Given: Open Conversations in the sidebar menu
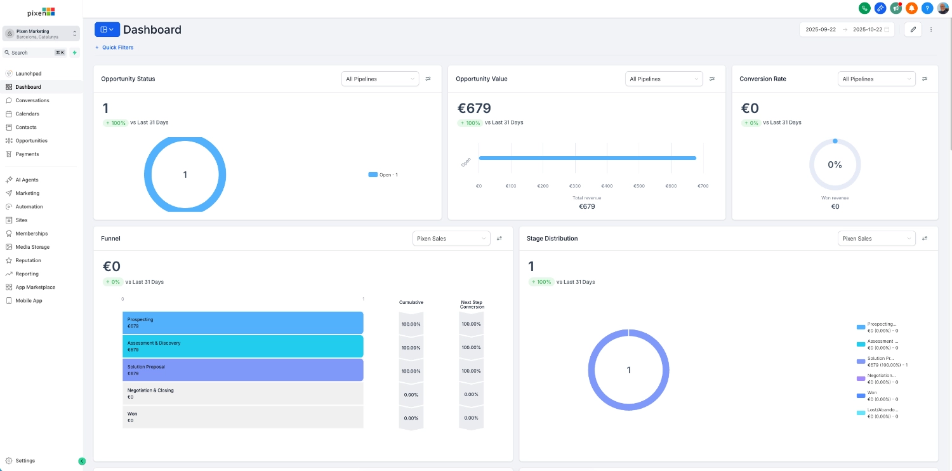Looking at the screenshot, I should (32, 100).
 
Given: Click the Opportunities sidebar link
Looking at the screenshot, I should (31, 140).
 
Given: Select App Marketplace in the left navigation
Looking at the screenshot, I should (35, 287).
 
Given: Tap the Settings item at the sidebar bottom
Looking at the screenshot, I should (25, 461).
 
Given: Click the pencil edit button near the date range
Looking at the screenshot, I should (913, 29).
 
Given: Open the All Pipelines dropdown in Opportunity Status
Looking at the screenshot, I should (380, 79).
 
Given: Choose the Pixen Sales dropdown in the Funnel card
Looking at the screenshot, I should (451, 239).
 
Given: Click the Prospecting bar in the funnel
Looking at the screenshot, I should (242, 322).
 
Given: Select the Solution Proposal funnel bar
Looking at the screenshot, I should (242, 369).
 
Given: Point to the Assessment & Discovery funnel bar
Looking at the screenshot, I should (242, 346).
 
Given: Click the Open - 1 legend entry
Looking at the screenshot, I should (383, 175).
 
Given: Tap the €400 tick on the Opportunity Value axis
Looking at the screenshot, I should (607, 186).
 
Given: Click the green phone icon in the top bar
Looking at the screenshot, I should (864, 8).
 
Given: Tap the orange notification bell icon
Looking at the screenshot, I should (911, 8).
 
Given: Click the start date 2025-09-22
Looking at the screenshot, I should (821, 29).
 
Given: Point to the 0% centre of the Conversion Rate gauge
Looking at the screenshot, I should (835, 164).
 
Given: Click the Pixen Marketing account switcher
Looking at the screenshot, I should (41, 34).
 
